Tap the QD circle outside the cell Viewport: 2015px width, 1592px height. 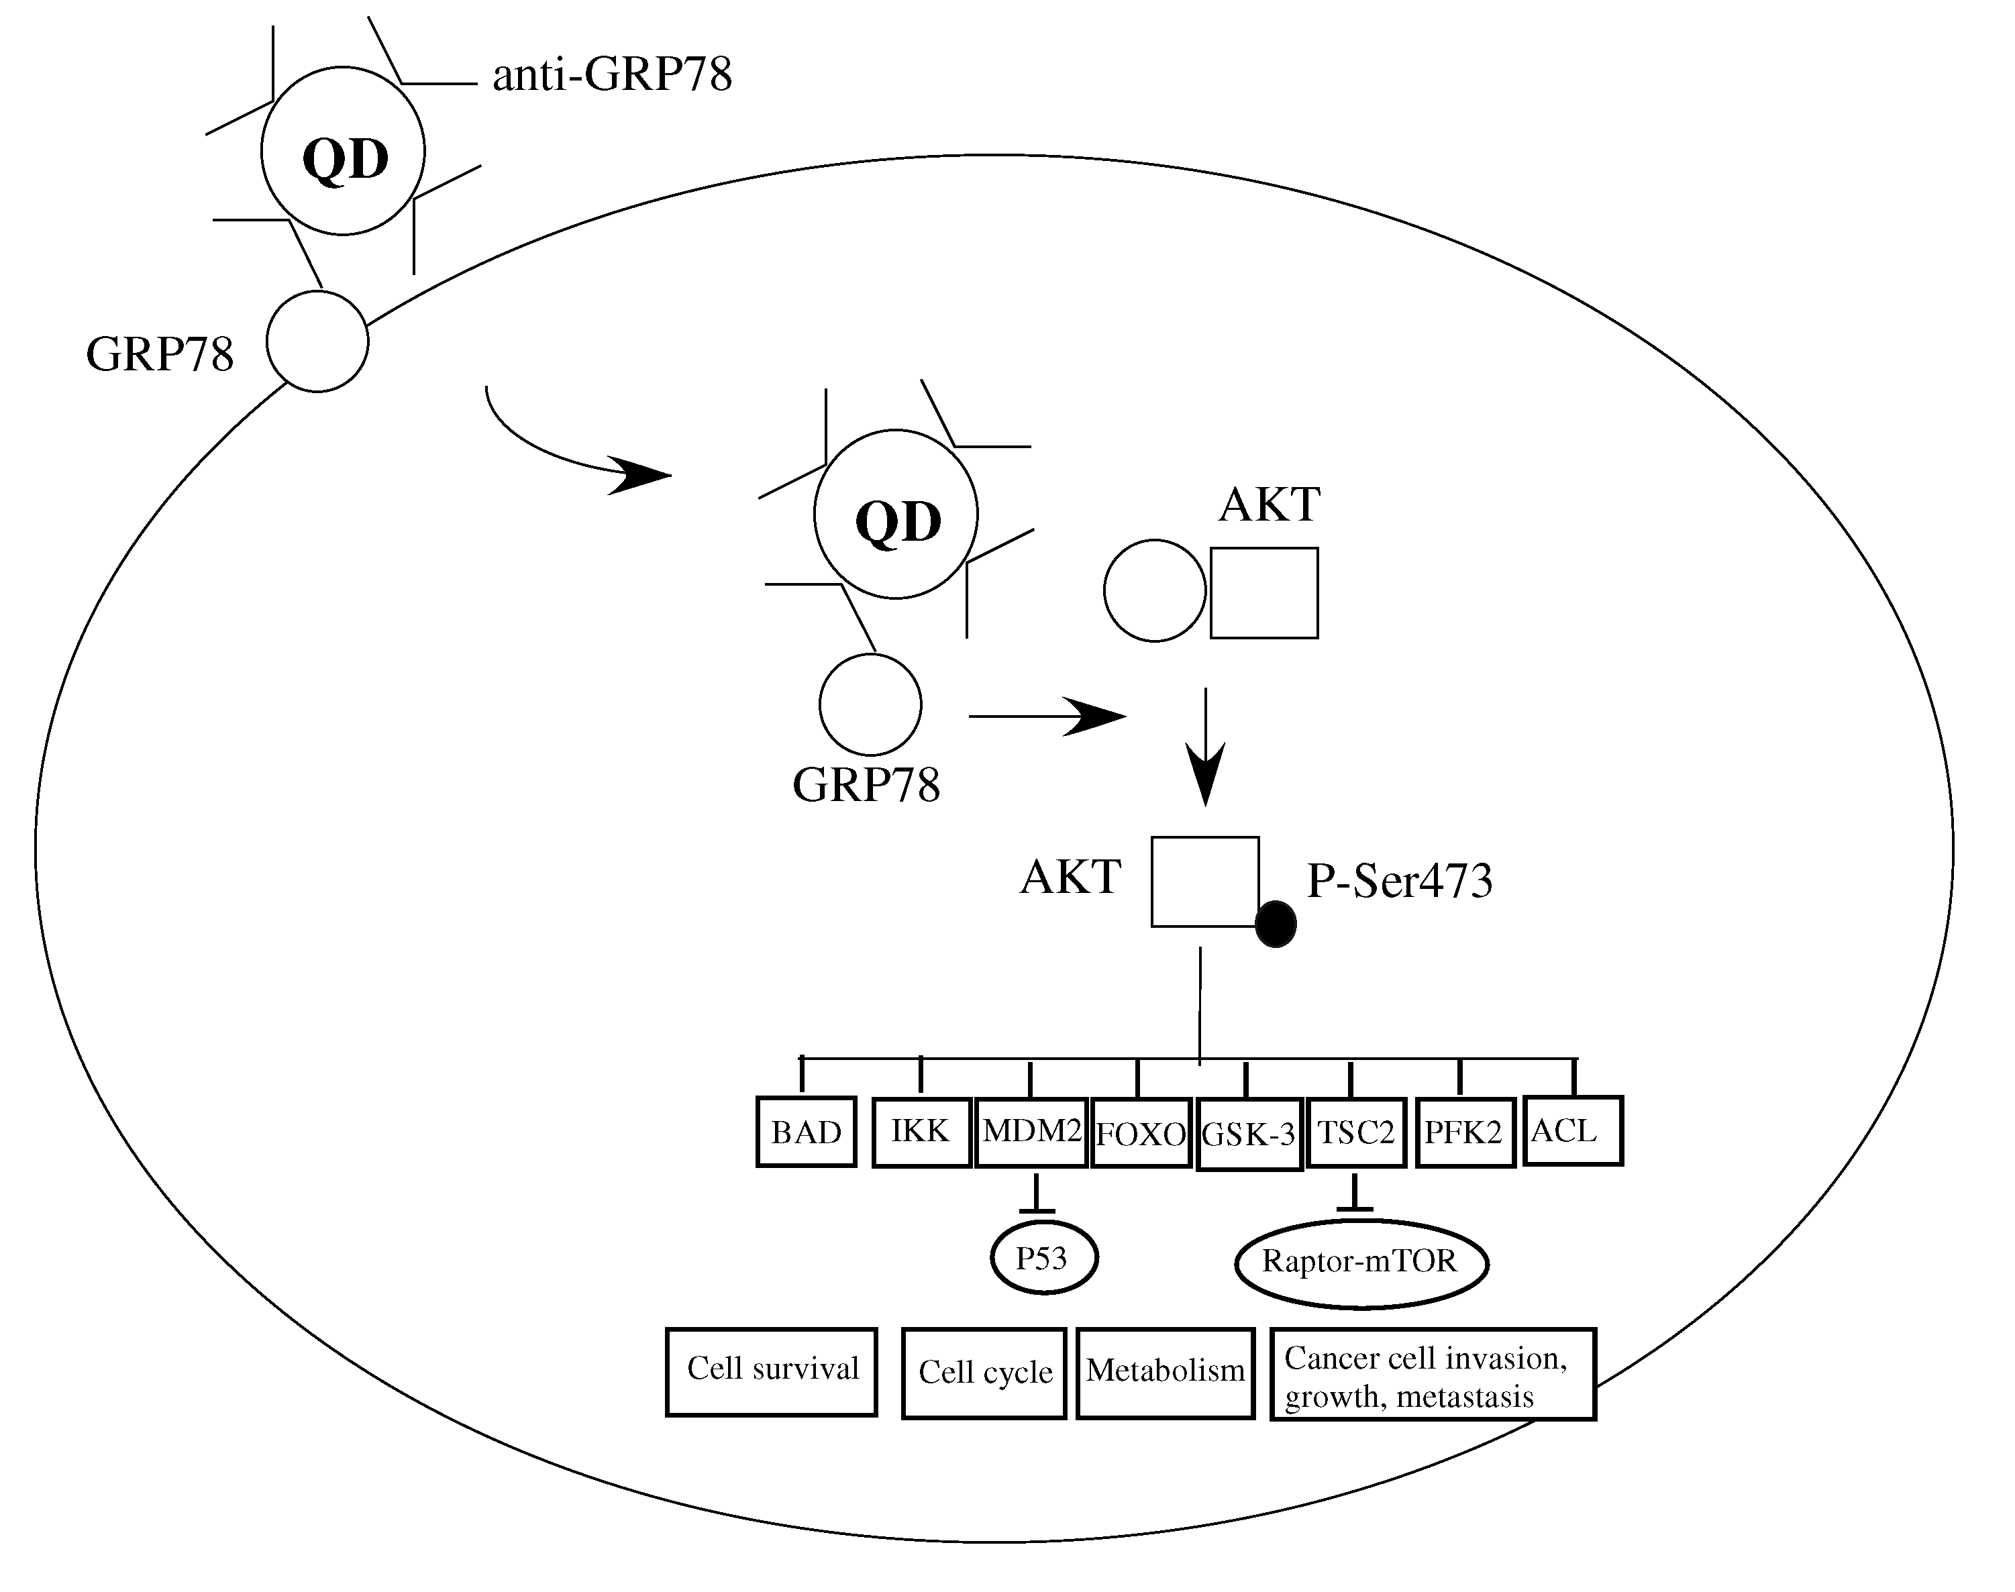coord(343,151)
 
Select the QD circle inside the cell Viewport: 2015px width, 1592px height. coord(896,515)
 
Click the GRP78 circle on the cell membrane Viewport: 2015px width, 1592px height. coord(318,341)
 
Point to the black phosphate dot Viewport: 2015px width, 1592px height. coord(1276,924)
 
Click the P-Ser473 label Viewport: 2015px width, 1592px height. coord(1399,881)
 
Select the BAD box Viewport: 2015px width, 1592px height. coord(806,1132)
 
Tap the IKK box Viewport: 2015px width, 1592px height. coord(921,1132)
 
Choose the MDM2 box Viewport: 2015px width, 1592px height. coord(1031,1132)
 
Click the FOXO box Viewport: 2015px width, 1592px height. coord(1141,1133)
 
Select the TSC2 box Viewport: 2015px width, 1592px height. coord(1356,1132)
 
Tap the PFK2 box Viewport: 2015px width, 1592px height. coord(1464,1132)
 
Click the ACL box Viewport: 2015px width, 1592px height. coord(1572,1130)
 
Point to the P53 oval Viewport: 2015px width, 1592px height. coord(1043,1259)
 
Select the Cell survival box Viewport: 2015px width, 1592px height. coord(772,1371)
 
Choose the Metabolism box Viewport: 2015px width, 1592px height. coord(1165,1372)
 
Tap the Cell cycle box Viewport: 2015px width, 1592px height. coord(984,1373)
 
